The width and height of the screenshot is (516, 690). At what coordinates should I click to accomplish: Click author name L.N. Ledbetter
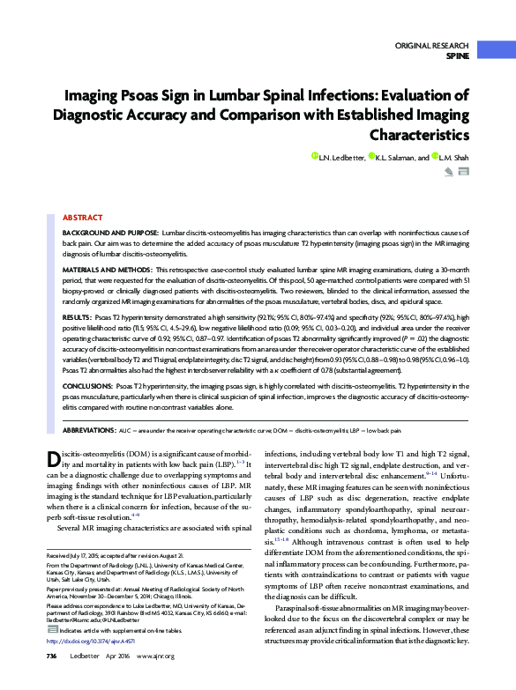pos(353,156)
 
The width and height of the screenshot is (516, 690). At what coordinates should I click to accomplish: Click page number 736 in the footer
pos(51,680)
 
